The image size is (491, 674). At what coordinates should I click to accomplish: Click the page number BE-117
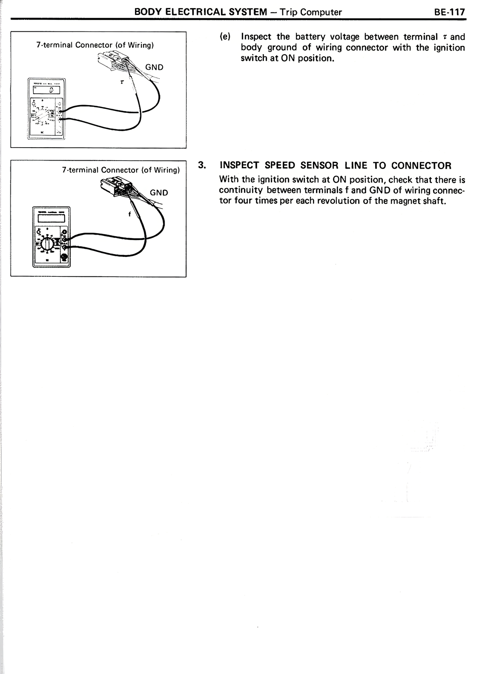[449, 12]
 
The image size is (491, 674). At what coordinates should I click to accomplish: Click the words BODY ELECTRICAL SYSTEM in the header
[201, 12]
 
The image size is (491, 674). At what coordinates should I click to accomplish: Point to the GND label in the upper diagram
[155, 67]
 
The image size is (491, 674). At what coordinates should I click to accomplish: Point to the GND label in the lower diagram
[159, 192]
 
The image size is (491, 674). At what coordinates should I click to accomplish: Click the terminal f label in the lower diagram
[130, 214]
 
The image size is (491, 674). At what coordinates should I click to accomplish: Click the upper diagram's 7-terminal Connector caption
[95, 45]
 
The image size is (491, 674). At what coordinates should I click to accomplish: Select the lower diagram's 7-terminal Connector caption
[121, 170]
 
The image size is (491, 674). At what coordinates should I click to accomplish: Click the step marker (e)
[225, 37]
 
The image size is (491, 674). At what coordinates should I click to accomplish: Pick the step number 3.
[202, 165]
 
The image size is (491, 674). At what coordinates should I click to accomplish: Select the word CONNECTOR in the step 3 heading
[421, 166]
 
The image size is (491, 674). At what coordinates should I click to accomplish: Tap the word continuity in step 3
[241, 190]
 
